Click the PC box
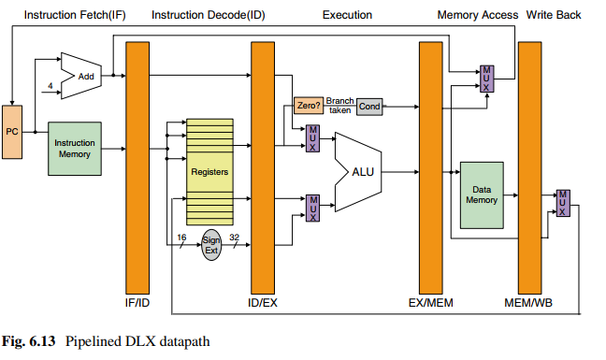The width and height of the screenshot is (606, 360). coord(12,132)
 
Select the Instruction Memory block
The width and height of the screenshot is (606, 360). coord(75,149)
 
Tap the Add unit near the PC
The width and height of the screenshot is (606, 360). coord(81,76)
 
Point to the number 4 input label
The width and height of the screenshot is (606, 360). coord(50,86)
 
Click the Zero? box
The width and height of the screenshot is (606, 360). coord(309,106)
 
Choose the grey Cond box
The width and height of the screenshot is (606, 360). coord(369,107)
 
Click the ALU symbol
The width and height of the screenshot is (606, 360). coord(358,172)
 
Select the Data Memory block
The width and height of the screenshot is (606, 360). coord(482,195)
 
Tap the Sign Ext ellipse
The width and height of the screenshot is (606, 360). coord(211,245)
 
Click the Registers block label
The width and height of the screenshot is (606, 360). coord(209,171)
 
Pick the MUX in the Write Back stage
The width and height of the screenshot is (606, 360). coord(563,203)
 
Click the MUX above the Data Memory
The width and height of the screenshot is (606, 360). coord(486,79)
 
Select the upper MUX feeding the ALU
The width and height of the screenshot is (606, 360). coord(312,138)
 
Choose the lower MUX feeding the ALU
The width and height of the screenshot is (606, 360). coord(312,209)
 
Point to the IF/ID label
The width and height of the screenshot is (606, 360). coord(137,302)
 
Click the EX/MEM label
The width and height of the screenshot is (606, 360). coord(430,302)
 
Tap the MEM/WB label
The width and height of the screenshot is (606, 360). coord(528,302)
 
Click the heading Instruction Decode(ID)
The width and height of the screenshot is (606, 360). coord(209,15)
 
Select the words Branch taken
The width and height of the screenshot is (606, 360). coord(339,106)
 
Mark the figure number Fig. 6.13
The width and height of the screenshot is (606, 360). coord(29,341)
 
